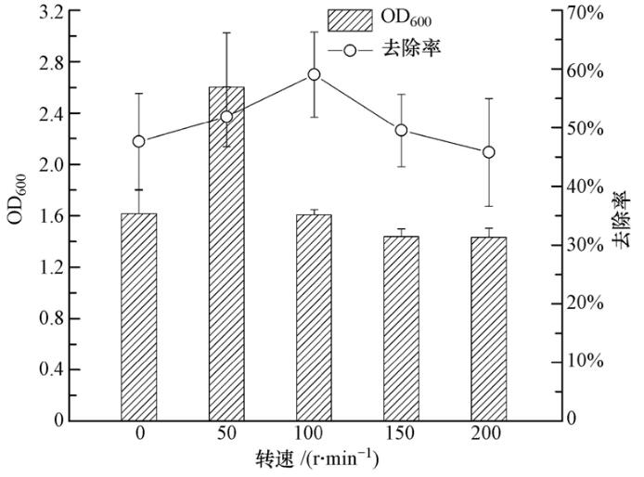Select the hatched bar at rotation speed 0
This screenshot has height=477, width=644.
139,316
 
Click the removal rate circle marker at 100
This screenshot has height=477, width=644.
314,74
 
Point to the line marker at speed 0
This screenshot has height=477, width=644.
139,141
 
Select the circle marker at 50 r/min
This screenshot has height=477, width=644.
226,116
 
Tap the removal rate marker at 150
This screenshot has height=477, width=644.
401,130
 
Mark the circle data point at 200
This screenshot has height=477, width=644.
488,152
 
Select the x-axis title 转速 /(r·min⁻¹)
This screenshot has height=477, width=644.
316,460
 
